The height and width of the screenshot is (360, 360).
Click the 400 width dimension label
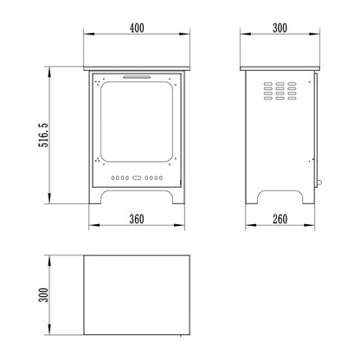(x=137, y=28)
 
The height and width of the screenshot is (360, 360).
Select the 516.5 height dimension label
(x=43, y=135)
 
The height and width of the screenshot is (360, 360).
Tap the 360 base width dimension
(x=137, y=219)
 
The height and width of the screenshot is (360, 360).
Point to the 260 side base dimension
(x=280, y=219)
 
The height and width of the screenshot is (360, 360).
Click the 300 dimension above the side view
(x=280, y=28)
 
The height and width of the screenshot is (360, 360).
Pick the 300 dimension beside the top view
(x=43, y=295)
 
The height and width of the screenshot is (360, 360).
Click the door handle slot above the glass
(x=137, y=77)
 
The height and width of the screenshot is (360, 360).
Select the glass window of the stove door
(x=137, y=121)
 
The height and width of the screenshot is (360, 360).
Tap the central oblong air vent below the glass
(x=137, y=178)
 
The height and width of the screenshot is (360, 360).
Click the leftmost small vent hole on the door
(x=112, y=178)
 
